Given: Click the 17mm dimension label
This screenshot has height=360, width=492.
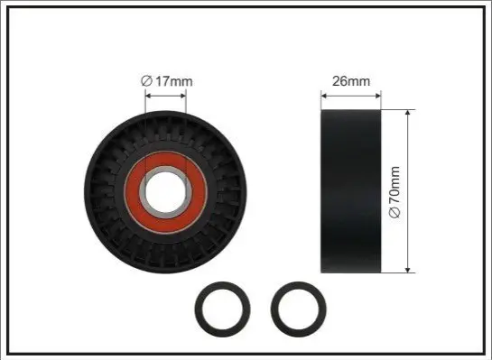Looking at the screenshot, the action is [174, 81].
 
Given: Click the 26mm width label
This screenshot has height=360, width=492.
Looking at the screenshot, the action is [351, 81].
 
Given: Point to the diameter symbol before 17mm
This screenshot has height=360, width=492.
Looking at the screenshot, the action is [146, 81].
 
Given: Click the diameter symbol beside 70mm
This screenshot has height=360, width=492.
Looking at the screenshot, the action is [395, 213].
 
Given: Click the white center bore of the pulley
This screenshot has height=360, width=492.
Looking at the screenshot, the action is [165, 192].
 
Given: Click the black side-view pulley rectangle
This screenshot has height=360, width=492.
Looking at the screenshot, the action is [351, 191].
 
